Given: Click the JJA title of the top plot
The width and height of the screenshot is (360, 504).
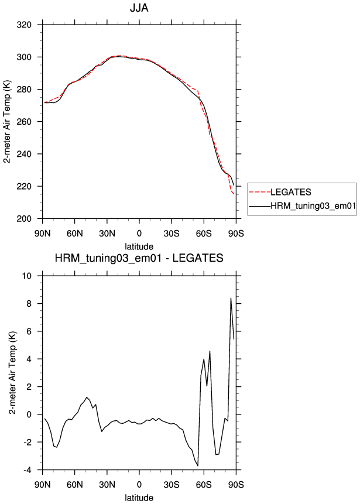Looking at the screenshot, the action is pos(139,8).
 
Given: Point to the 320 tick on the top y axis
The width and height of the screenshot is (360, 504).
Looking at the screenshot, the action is pos(24,25).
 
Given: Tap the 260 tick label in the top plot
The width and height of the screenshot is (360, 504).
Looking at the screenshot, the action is pos(24,122).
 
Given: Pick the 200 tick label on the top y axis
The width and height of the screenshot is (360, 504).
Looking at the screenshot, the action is pos(24,219).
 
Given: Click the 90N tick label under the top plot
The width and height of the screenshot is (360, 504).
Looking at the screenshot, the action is pos(42,234).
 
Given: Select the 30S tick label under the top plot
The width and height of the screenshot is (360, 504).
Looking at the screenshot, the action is pos(172,234).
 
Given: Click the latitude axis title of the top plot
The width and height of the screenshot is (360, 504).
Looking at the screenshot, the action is pos(139,246).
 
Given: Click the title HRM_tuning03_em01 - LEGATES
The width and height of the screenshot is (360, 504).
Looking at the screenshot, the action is pos(139,258).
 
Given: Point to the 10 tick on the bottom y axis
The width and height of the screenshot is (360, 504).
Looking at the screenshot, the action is pos(28,276).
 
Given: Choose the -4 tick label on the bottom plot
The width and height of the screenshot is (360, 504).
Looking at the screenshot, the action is pos(28,470).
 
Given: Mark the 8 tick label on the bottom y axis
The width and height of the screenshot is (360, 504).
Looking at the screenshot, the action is pos(30,304).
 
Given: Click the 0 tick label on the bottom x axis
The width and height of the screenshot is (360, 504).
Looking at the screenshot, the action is pos(139,485).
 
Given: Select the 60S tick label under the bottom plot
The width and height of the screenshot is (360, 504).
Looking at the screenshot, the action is pos(204,485).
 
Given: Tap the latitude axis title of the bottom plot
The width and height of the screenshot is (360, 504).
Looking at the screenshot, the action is pos(139,498).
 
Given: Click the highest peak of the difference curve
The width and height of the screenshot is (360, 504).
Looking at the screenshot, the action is pos(231,298).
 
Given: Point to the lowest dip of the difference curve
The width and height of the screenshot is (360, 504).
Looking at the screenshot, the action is pos(198,466).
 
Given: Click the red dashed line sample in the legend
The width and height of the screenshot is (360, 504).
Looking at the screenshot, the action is pos(260,192).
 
